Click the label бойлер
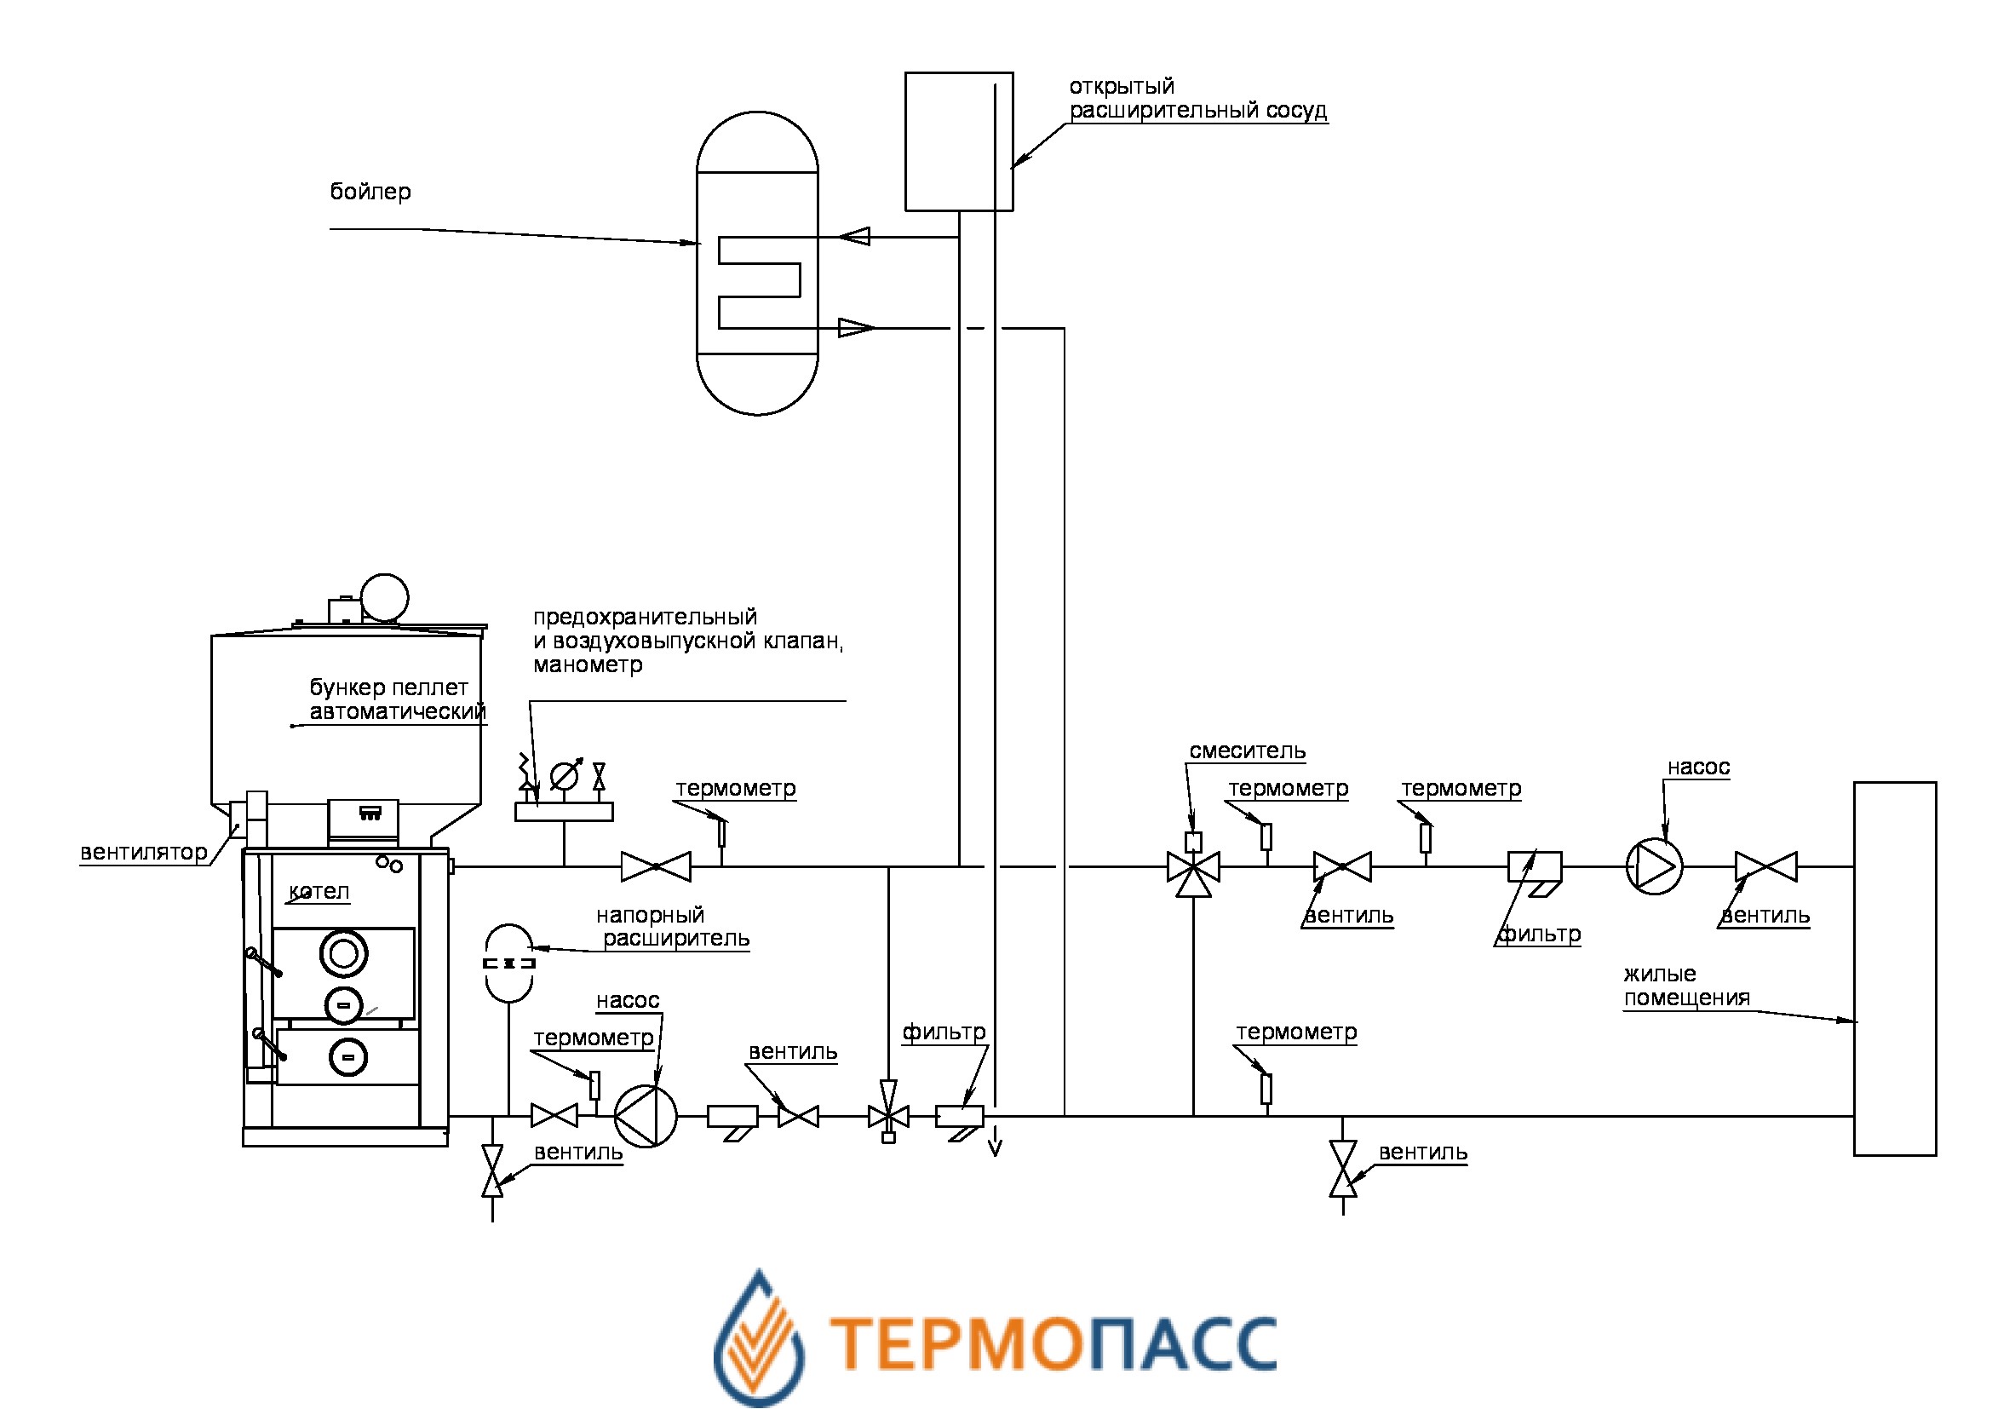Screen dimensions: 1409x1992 (370, 192)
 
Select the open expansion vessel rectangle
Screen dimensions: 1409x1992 (958, 141)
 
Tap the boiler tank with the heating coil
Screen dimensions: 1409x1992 (756, 264)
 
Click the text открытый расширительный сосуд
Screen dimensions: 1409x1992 (1197, 99)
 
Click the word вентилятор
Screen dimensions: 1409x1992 (143, 853)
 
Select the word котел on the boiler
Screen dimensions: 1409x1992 (319, 892)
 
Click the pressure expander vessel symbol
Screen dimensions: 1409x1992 (508, 964)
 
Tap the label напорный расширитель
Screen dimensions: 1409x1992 (674, 927)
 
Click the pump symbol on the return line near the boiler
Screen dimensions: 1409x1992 (646, 1116)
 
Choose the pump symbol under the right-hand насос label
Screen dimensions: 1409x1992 (1654, 866)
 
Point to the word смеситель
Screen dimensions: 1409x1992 (1247, 751)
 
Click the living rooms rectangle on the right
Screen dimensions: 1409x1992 (1895, 969)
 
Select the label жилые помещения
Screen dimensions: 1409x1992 (1685, 986)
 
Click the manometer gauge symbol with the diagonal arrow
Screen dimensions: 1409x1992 (565, 774)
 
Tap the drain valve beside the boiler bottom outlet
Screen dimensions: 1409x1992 (492, 1170)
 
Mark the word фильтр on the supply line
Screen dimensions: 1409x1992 (1540, 935)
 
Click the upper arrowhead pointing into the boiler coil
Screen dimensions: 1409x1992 (854, 236)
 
